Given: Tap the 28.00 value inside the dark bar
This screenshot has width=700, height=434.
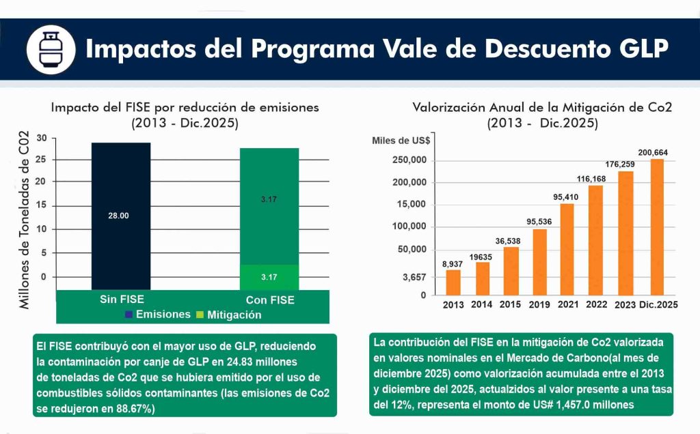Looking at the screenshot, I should click(119, 216).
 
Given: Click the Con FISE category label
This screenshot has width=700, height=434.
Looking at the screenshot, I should click(270, 300).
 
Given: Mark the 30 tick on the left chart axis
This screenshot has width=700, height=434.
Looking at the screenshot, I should click(42, 137).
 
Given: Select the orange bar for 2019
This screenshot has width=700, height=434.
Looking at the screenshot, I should click(540, 262).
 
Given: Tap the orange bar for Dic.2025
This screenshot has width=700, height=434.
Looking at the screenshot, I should click(657, 227).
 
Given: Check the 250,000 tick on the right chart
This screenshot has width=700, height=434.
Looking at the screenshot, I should click(407, 160).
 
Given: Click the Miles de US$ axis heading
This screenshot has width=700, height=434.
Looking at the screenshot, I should click(401, 141).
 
